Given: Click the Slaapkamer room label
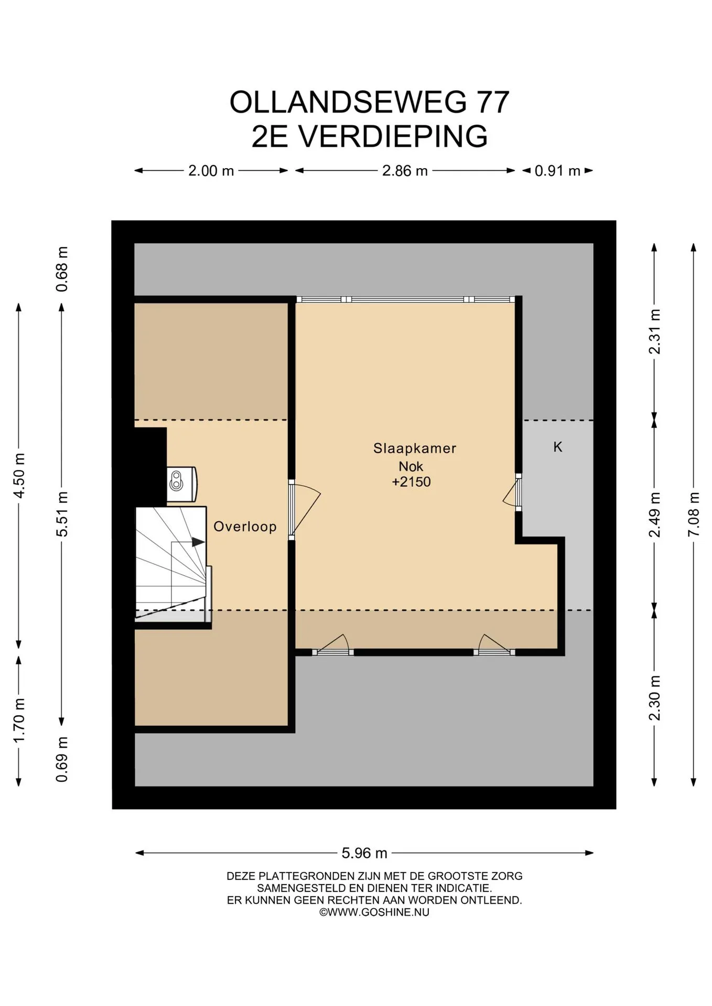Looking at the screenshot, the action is pyautogui.click(x=415, y=449).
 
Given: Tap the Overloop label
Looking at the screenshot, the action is pyautogui.click(x=245, y=527).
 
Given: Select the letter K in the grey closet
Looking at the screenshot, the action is pyautogui.click(x=558, y=447).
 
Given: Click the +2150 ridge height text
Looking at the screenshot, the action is pyautogui.click(x=412, y=482).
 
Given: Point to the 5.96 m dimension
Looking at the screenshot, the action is pyautogui.click(x=364, y=854).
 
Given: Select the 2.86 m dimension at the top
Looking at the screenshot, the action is pyautogui.click(x=405, y=171).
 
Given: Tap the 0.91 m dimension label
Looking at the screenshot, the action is pyautogui.click(x=557, y=171).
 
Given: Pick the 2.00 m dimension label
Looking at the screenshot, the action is pyautogui.click(x=211, y=171).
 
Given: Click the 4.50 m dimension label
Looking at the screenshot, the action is pyautogui.click(x=19, y=476).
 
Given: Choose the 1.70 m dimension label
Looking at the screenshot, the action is pyautogui.click(x=19, y=720).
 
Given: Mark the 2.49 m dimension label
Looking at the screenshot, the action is pyautogui.click(x=654, y=515).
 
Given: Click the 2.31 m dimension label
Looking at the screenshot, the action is pyautogui.click(x=654, y=331).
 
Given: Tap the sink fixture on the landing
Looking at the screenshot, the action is pyautogui.click(x=182, y=484).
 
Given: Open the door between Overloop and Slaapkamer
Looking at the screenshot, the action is pyautogui.click(x=304, y=510).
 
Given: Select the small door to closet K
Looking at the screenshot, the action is pyautogui.click(x=512, y=493).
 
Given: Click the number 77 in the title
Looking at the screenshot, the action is pyautogui.click(x=492, y=102).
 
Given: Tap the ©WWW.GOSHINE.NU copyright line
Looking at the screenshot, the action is pyautogui.click(x=374, y=912).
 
